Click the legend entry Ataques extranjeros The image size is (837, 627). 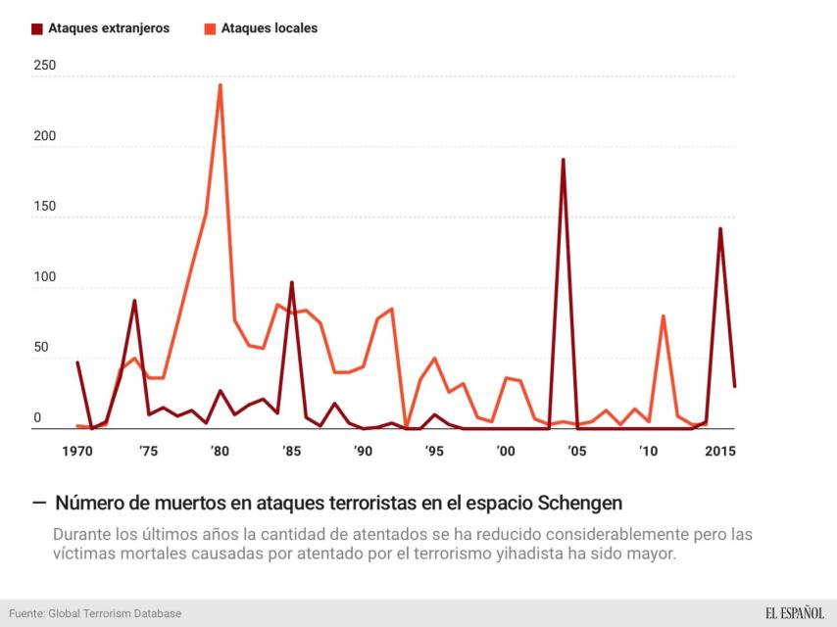(x=100, y=28)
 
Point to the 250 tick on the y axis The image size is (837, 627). (x=45, y=66)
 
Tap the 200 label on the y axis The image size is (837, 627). (x=45, y=136)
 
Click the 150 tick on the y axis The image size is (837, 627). (x=45, y=207)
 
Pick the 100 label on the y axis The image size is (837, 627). (x=45, y=277)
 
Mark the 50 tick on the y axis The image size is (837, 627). (x=41, y=348)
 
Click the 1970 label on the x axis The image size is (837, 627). (x=77, y=451)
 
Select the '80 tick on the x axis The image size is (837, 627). (x=220, y=451)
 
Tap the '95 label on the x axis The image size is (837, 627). (x=434, y=451)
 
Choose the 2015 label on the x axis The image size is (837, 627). (x=720, y=451)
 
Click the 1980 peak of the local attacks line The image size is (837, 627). (x=221, y=85)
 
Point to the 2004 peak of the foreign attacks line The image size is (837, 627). (x=563, y=159)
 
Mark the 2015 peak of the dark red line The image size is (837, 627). (x=720, y=228)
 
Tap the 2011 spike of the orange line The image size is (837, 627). (x=664, y=315)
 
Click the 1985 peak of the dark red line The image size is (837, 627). (x=292, y=282)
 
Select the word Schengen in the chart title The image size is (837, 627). (x=580, y=504)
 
